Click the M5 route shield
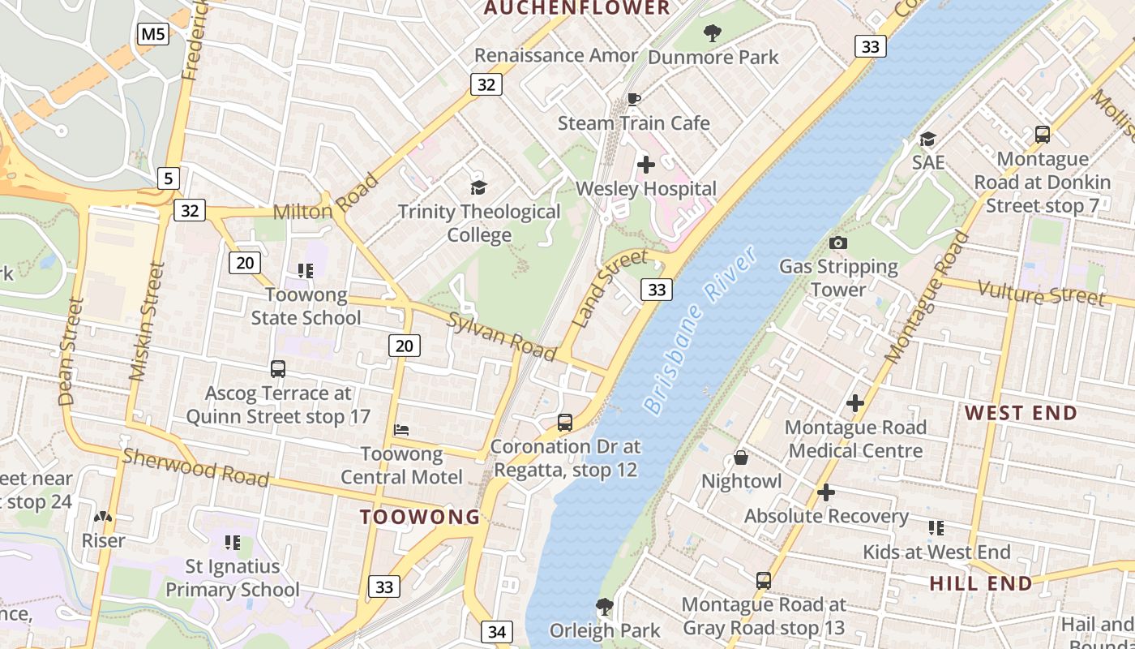click(x=153, y=34)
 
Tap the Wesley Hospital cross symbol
click(x=646, y=165)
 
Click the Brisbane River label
click(x=701, y=330)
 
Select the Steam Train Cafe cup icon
click(x=634, y=100)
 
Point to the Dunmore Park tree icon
click(x=713, y=33)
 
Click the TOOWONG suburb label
click(x=420, y=517)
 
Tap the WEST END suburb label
click(x=1021, y=413)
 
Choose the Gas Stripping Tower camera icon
click(x=838, y=243)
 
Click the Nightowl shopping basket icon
click(x=741, y=458)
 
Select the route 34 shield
click(x=497, y=631)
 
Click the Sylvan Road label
click(x=502, y=336)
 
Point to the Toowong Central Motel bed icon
click(x=401, y=429)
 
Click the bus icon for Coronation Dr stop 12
click(x=565, y=423)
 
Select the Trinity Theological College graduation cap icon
click(x=479, y=188)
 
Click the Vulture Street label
click(x=1040, y=294)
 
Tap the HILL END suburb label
click(x=981, y=583)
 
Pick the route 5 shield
click(x=168, y=178)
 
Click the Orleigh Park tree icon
click(x=604, y=607)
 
